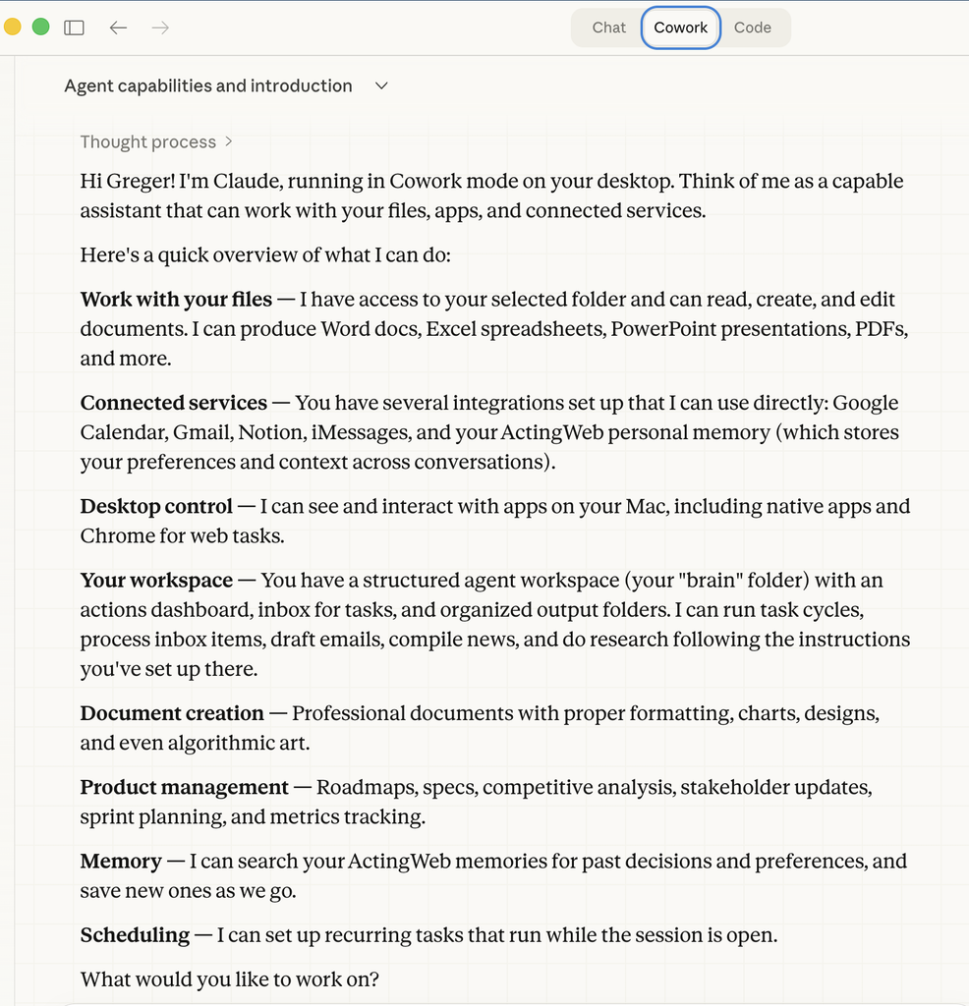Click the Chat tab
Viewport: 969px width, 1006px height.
coord(608,28)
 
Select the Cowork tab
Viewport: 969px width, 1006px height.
coord(681,28)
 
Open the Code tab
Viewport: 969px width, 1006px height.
coord(753,28)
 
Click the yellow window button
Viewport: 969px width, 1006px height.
coord(13,27)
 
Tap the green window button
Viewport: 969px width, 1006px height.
coord(40,27)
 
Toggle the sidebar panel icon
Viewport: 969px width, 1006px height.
coord(74,28)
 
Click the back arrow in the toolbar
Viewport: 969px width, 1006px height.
coord(119,28)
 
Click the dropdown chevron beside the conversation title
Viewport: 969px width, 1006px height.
coord(382,86)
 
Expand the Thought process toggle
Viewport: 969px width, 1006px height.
coord(156,141)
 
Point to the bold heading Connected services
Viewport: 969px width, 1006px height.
coord(173,403)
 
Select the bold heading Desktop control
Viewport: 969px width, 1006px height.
coord(156,507)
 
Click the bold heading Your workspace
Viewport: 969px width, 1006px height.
coord(156,581)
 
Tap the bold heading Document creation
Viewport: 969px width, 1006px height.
coord(172,713)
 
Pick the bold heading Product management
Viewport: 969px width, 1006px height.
coord(184,788)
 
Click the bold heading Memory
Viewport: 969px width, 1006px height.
coord(121,862)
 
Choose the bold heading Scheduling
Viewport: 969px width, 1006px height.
coord(135,935)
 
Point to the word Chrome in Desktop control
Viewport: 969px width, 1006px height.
coord(112,536)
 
